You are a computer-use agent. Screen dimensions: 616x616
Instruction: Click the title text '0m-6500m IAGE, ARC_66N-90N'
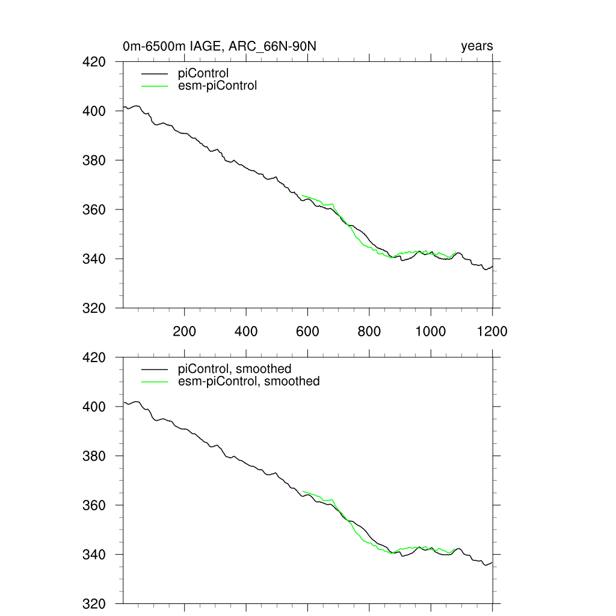tap(224, 46)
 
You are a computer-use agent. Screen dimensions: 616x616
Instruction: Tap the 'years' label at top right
tap(476, 46)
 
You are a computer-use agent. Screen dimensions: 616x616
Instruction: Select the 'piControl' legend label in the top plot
tap(203, 74)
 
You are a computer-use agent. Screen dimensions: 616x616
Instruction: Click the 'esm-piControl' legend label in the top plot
tap(217, 85)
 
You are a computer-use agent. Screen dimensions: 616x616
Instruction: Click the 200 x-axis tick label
tap(184, 331)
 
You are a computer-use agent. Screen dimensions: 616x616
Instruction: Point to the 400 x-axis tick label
tap(246, 331)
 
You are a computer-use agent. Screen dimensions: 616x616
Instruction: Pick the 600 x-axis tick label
tap(307, 331)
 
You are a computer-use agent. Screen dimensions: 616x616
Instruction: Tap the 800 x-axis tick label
tap(369, 331)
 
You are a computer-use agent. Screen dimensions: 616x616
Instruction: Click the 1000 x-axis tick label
tap(430, 331)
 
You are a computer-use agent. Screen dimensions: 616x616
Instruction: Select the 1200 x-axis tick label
tap(491, 331)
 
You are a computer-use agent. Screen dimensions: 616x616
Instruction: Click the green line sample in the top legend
tap(154, 85)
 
